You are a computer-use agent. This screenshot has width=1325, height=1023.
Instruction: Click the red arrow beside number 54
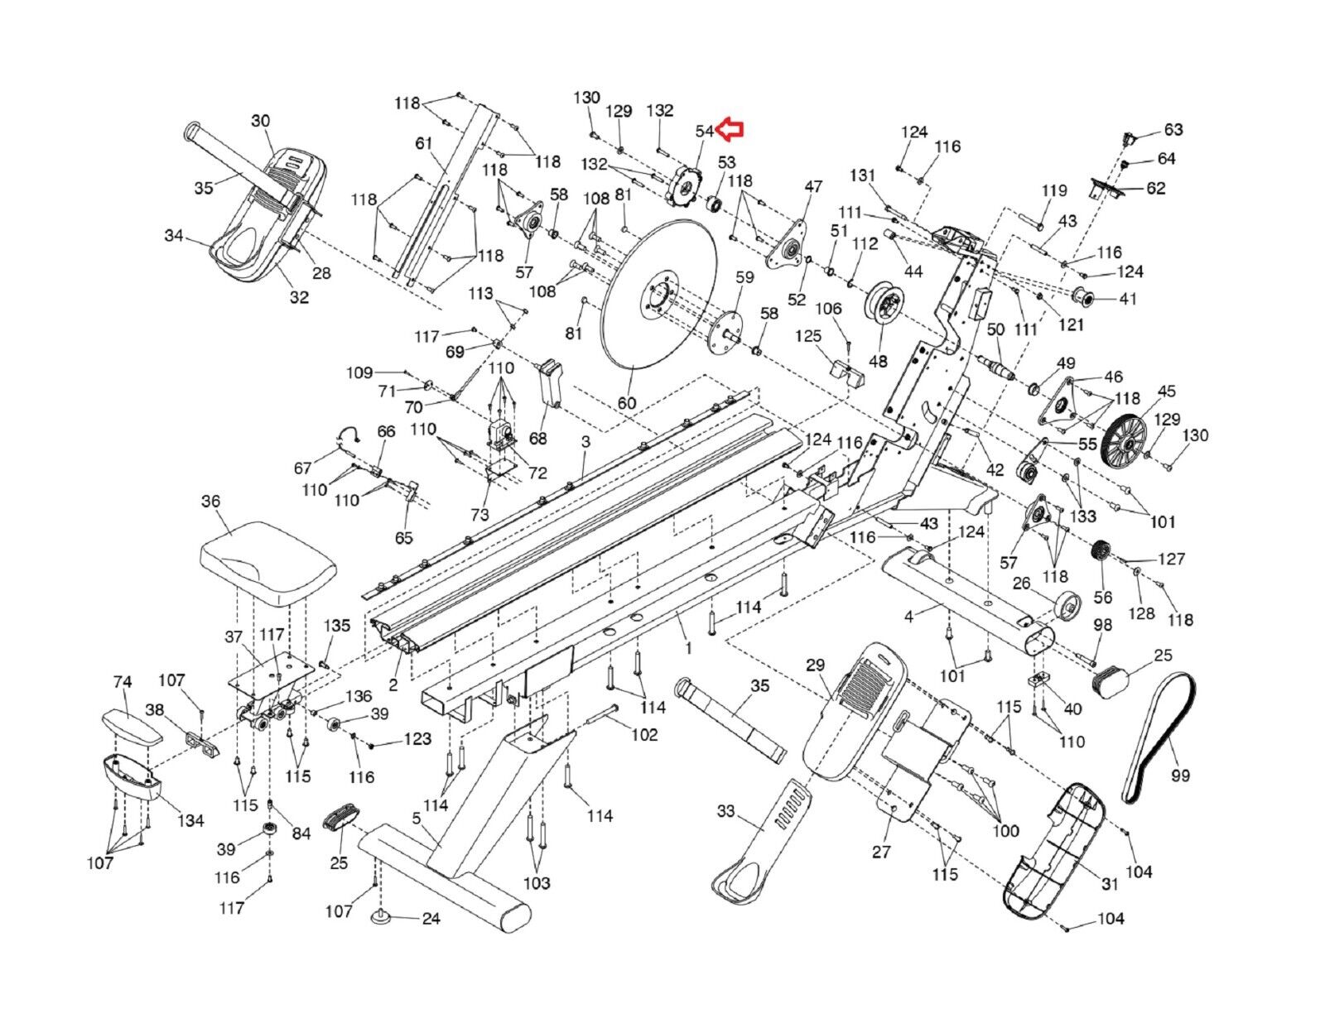point(731,129)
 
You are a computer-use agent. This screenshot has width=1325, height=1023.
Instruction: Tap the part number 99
point(1180,776)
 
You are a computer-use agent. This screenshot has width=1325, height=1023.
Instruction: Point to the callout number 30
point(261,121)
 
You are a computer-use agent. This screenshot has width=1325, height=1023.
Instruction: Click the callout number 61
point(424,144)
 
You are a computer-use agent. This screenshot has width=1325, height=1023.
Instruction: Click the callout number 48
point(878,361)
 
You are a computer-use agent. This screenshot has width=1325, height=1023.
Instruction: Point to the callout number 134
point(190,820)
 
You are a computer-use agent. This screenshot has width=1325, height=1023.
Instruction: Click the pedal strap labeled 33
point(763,844)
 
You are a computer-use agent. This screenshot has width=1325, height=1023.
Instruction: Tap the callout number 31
point(1110,884)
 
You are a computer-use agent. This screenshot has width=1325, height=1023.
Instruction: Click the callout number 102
point(645,734)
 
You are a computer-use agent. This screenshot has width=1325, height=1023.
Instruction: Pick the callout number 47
point(813,187)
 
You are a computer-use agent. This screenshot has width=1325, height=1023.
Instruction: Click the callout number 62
point(1155,188)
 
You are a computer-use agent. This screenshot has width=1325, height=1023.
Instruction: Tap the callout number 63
point(1173,130)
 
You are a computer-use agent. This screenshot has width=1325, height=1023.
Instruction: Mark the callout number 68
point(538,438)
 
